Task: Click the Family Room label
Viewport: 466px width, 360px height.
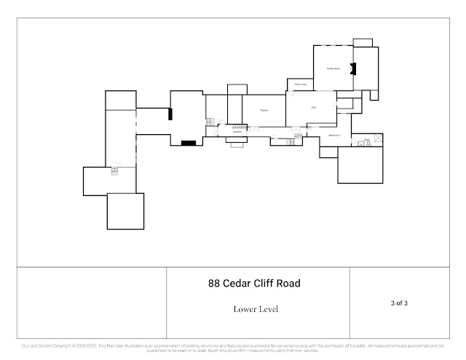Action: point(333,69)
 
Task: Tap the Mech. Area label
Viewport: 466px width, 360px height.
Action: point(299,85)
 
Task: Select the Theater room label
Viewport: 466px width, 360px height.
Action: point(264,110)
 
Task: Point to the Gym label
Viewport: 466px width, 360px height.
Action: point(314,108)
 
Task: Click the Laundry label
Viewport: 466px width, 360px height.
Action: point(237,132)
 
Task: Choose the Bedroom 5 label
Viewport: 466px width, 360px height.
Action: point(335,136)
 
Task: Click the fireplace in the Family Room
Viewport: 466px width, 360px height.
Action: point(353,69)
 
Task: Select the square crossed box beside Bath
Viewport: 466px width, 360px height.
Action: point(379,138)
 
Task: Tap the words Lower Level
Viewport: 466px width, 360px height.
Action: point(256,309)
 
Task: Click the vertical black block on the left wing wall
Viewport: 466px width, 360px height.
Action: point(170,113)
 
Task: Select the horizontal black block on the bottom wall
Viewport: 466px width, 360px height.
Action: point(189,142)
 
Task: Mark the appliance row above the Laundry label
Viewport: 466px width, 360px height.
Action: point(237,125)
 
